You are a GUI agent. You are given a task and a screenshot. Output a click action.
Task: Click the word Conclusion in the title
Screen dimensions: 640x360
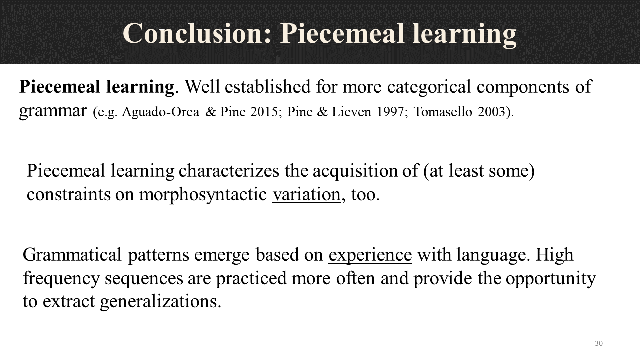(x=197, y=33)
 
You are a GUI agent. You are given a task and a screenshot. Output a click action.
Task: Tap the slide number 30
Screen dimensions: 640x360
(x=599, y=343)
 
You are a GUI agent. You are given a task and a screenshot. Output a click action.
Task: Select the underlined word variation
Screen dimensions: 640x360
(x=307, y=195)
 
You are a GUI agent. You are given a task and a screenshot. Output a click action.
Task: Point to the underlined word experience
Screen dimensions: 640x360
(x=370, y=255)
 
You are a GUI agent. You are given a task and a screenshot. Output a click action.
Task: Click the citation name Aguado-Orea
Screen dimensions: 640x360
(x=161, y=111)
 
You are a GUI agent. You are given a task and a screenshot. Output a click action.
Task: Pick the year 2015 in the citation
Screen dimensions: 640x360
(x=264, y=111)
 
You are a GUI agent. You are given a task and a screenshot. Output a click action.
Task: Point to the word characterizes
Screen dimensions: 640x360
(x=229, y=171)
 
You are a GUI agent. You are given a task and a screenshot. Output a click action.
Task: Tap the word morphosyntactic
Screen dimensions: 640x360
(x=203, y=195)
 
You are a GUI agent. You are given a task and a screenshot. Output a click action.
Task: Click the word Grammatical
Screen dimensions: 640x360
(x=72, y=255)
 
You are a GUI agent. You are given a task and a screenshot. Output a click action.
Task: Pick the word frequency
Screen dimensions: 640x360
(x=61, y=279)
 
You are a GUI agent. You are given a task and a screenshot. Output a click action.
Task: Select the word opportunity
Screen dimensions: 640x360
(x=551, y=279)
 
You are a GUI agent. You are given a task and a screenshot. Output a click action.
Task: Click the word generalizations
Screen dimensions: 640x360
(x=161, y=302)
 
